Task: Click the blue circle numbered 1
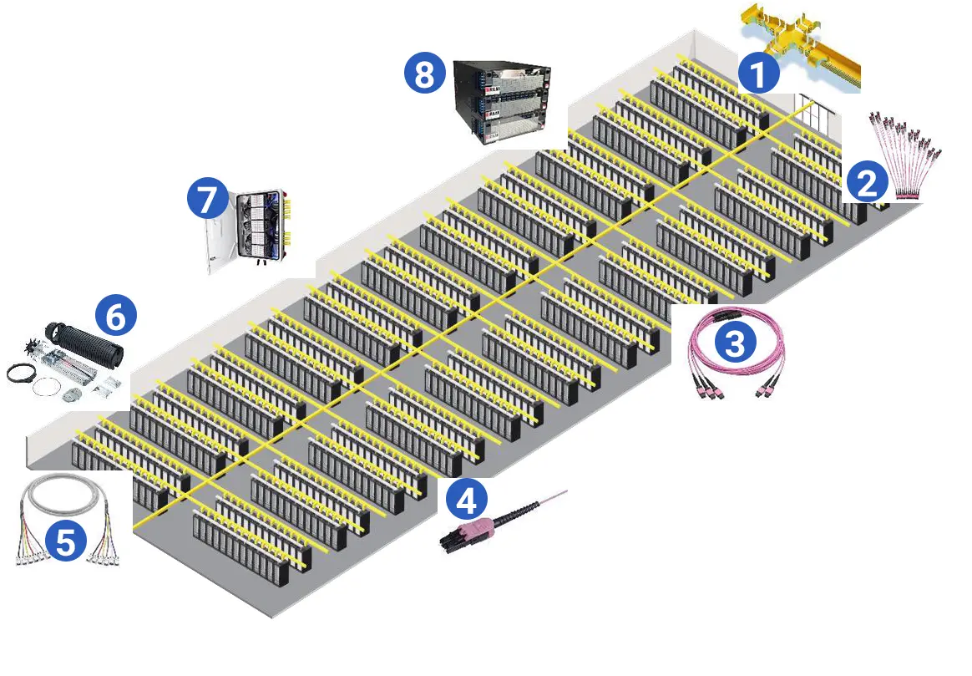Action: pos(758,74)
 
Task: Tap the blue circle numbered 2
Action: pos(868,182)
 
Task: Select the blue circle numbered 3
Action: pos(737,341)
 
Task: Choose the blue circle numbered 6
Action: pos(115,316)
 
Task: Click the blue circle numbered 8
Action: pos(424,74)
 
